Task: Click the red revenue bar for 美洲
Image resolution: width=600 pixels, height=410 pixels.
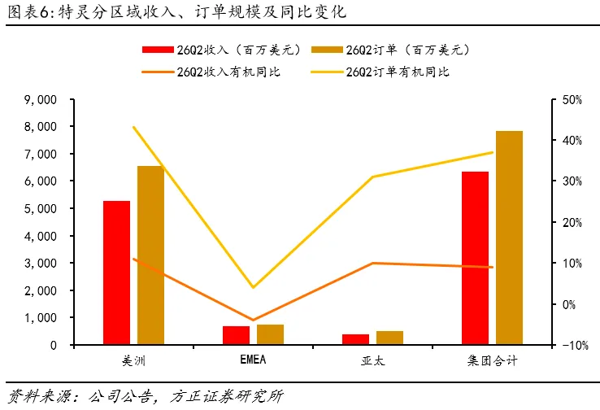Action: pyautogui.click(x=117, y=273)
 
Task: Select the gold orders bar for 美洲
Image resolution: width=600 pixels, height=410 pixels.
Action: pyautogui.click(x=150, y=255)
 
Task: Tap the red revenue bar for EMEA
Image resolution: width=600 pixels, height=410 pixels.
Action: pyautogui.click(x=236, y=335)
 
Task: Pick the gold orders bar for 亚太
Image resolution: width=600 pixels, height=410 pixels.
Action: pyautogui.click(x=389, y=338)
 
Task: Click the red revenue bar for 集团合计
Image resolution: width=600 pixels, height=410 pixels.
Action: pyautogui.click(x=476, y=258)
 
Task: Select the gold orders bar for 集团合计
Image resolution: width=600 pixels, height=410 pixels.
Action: pyautogui.click(x=509, y=238)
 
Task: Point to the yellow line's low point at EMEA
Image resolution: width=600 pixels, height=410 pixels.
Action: pyautogui.click(x=253, y=287)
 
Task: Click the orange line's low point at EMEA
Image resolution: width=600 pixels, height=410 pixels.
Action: pyautogui.click(x=253, y=320)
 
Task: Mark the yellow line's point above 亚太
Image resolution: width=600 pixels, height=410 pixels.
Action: pyautogui.click(x=372, y=177)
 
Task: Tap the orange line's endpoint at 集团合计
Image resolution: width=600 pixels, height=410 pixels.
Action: pyautogui.click(x=492, y=267)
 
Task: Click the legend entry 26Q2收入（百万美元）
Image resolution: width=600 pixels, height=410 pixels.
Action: pyautogui.click(x=221, y=50)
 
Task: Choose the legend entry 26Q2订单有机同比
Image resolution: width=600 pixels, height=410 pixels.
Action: pyautogui.click(x=380, y=72)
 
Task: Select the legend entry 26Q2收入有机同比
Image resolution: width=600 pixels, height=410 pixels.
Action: pyautogui.click(x=211, y=72)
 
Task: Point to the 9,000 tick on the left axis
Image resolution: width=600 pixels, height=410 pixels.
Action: pyautogui.click(x=72, y=99)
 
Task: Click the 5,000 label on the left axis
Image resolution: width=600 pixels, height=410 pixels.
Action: pyautogui.click(x=41, y=208)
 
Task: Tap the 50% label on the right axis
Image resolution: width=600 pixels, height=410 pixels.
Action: pyautogui.click(x=572, y=100)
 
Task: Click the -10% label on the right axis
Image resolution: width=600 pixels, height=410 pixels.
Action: pyautogui.click(x=575, y=345)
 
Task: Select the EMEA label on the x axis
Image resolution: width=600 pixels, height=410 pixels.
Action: pyautogui.click(x=253, y=360)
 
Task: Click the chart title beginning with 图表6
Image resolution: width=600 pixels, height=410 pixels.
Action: pyautogui.click(x=176, y=12)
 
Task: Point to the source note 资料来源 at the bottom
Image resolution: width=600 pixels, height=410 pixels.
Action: pyautogui.click(x=146, y=397)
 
